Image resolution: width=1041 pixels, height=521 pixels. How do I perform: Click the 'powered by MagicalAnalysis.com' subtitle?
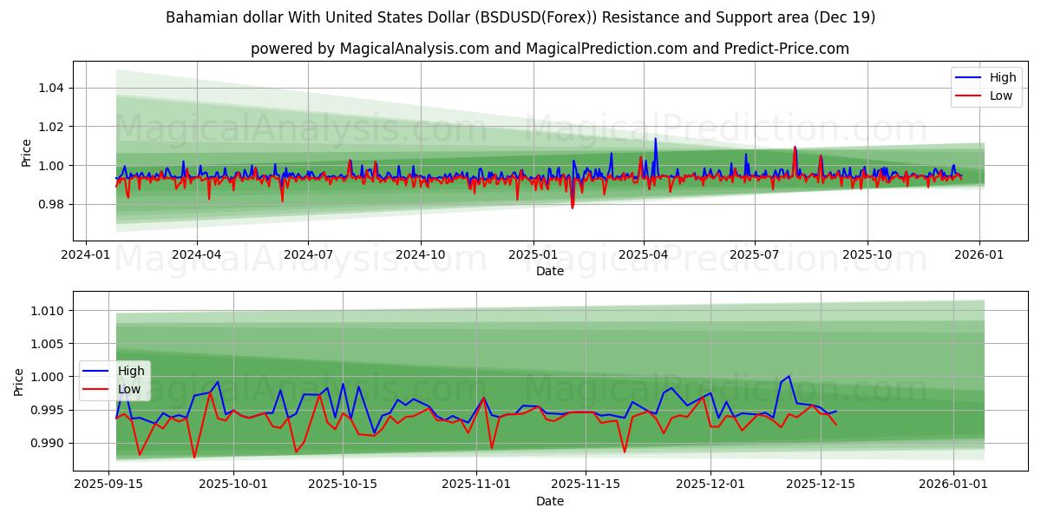pyautogui.click(x=550, y=49)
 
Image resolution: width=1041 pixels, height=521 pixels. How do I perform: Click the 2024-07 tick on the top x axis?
pyautogui.click(x=309, y=254)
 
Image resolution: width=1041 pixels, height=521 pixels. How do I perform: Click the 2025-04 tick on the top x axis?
pyautogui.click(x=644, y=254)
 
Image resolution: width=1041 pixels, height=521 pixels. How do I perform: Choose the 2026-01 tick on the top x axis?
pyautogui.click(x=979, y=254)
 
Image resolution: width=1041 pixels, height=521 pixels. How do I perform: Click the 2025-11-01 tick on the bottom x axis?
pyautogui.click(x=476, y=482)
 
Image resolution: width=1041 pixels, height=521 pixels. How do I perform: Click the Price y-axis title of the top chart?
pyautogui.click(x=26, y=153)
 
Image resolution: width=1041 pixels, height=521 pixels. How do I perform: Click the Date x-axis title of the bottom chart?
pyautogui.click(x=550, y=501)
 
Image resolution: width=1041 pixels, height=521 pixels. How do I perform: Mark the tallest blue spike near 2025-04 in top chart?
pyautogui.click(x=655, y=139)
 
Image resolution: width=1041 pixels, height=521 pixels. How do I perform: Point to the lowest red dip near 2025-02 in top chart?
pyautogui.click(x=573, y=208)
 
